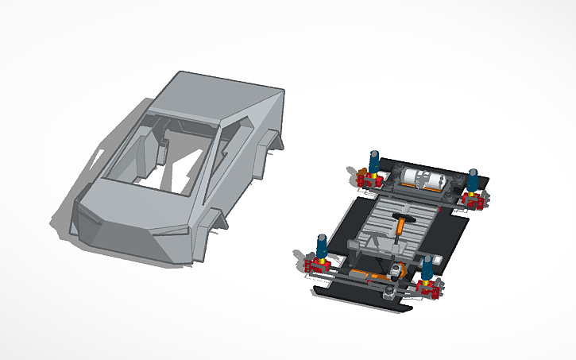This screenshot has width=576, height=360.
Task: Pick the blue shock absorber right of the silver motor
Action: pos(473,180)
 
